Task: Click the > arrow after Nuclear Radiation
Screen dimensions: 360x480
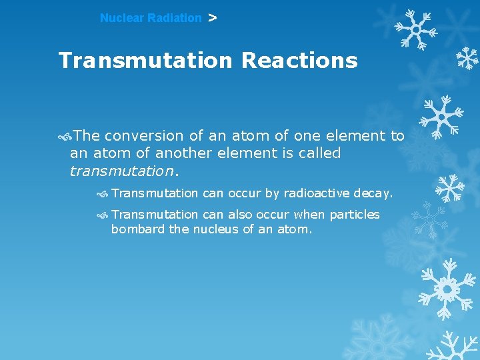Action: tap(212, 18)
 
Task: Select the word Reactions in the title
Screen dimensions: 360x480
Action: tap(299, 61)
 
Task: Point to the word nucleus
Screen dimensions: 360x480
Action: tap(215, 230)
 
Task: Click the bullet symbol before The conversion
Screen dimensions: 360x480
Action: tap(65, 136)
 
